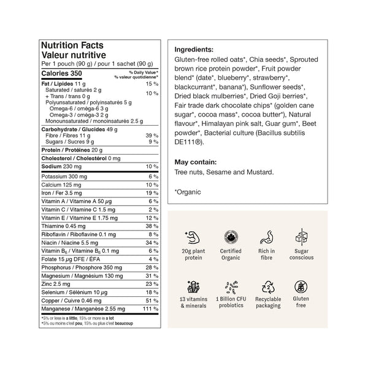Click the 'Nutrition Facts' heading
[72, 45]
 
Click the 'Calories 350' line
[61, 74]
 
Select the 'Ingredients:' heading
[194, 50]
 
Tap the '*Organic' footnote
[188, 193]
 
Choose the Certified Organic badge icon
[231, 237]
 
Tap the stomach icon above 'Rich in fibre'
[266, 237]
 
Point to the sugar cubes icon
[302, 237]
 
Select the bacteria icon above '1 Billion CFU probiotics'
[231, 286]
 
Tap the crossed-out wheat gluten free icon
[302, 286]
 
